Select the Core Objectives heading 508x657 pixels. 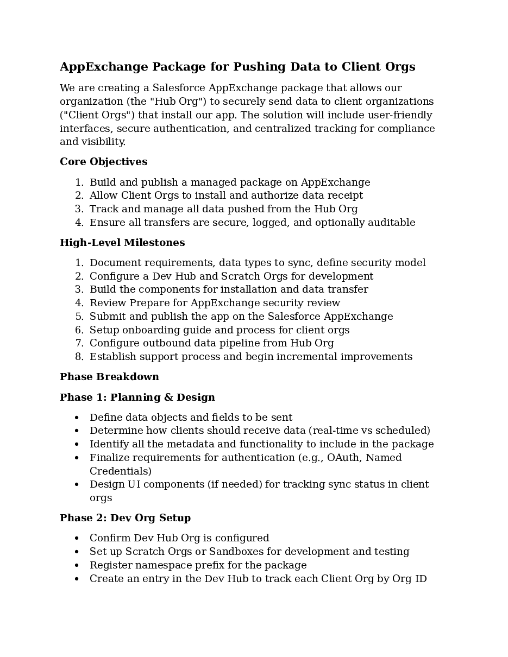click(x=103, y=162)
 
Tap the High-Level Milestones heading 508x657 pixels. click(x=122, y=243)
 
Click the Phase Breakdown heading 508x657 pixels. click(x=109, y=377)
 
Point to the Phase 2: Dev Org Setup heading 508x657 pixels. click(x=125, y=518)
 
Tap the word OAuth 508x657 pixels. click(x=343, y=458)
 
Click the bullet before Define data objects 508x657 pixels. click(x=77, y=418)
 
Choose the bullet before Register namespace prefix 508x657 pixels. click(x=77, y=566)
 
